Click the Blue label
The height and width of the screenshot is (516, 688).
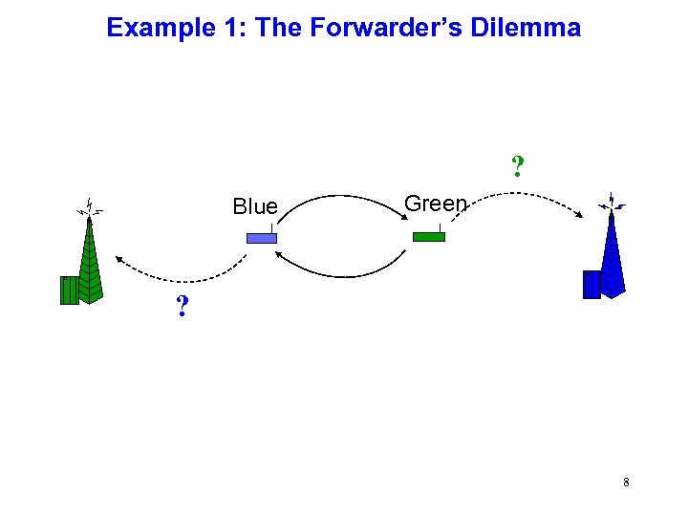click(x=255, y=206)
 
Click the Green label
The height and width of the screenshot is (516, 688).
click(x=436, y=204)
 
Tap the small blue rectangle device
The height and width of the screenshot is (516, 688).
click(x=261, y=238)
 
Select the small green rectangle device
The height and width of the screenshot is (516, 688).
click(x=429, y=236)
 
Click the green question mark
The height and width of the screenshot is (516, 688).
click(x=517, y=167)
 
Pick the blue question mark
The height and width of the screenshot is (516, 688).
click(x=181, y=308)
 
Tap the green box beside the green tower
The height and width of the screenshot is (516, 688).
click(x=69, y=290)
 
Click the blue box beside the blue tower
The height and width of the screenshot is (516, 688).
click(x=591, y=285)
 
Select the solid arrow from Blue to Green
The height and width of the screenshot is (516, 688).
click(x=344, y=198)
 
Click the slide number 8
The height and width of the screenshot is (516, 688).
click(x=626, y=483)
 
